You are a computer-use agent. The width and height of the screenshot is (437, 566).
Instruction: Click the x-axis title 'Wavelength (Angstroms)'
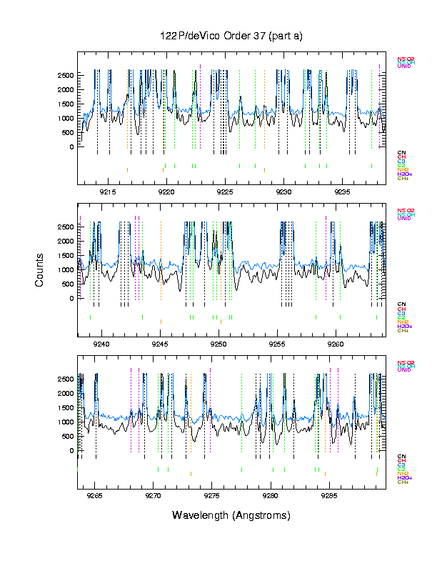click(231, 515)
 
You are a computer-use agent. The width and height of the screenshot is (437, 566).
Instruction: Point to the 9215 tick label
click(108, 192)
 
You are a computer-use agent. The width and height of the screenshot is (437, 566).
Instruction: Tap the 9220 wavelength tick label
click(166, 192)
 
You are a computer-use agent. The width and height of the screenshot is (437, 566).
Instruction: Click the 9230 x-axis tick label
click(283, 192)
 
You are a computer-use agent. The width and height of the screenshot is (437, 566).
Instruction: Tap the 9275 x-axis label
click(212, 495)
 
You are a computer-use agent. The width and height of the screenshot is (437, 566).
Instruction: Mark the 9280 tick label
click(271, 495)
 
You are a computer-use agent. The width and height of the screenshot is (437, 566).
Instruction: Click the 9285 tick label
click(329, 495)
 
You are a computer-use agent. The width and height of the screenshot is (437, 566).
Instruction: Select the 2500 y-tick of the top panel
click(64, 75)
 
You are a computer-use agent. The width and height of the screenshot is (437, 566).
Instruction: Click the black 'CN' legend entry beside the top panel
click(401, 152)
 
